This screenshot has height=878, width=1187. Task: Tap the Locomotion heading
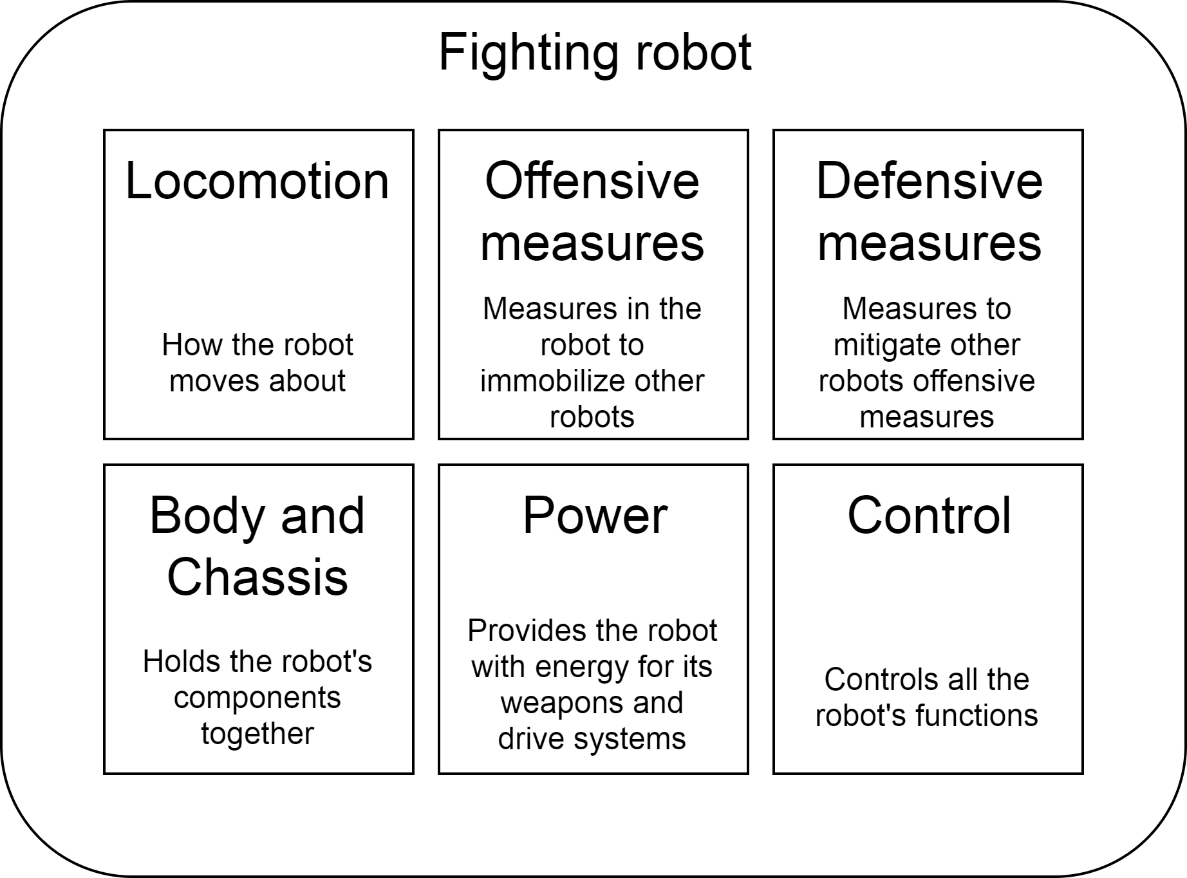click(257, 182)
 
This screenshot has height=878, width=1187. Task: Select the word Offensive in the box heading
click(592, 182)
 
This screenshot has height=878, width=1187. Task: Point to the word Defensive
click(929, 182)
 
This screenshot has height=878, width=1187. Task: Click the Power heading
click(595, 516)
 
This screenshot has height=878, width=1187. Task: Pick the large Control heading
click(929, 516)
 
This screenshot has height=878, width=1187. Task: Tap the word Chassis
click(257, 577)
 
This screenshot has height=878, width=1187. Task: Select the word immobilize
click(548, 381)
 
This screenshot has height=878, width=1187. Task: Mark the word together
click(257, 734)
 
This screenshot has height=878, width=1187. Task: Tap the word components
click(257, 698)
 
